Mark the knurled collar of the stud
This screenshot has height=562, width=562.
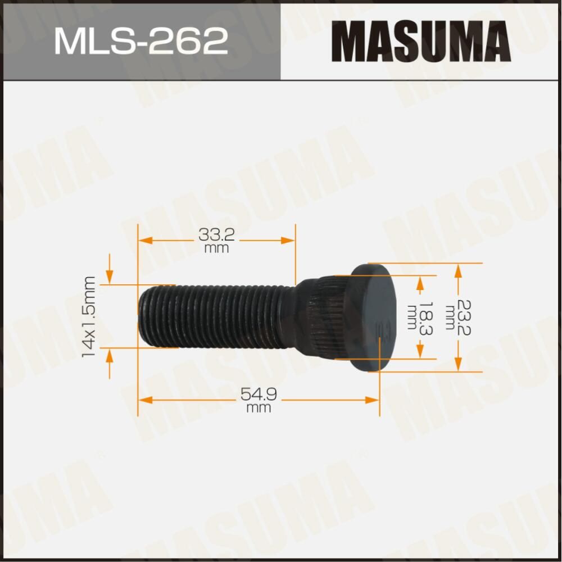[x=320, y=318]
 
